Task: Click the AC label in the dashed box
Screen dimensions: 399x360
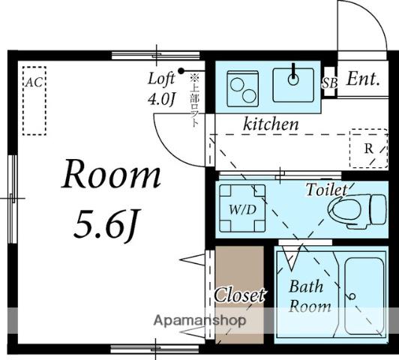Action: point(34,82)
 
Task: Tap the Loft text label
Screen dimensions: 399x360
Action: point(161,78)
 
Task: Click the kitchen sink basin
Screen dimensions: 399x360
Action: point(293,85)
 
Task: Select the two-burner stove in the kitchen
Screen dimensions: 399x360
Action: point(243,88)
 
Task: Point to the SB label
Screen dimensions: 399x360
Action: point(330,83)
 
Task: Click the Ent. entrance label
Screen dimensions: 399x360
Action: point(363,79)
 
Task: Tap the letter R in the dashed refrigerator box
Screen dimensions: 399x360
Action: point(369,148)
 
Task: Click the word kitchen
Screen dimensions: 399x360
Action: point(271,124)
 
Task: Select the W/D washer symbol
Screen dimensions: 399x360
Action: point(242,208)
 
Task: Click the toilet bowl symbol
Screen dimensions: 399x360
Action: point(357,210)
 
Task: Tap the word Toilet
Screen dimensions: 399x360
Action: point(327,190)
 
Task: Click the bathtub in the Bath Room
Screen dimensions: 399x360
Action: point(364,296)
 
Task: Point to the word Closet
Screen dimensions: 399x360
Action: point(239,295)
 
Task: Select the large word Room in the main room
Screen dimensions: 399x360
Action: point(112,175)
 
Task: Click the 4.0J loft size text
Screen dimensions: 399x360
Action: point(162,100)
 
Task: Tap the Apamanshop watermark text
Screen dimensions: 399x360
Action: point(200,320)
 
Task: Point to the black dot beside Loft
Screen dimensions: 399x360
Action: point(181,70)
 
